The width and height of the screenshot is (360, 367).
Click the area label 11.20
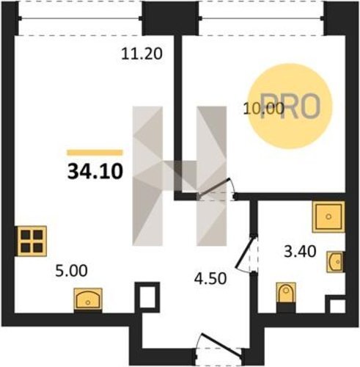[x=142, y=54]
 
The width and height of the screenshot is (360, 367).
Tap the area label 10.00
[x=264, y=109]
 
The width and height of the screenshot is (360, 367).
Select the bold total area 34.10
[x=95, y=171]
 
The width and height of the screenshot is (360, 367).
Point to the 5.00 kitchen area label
[x=71, y=271]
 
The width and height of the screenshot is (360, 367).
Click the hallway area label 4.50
[x=210, y=279]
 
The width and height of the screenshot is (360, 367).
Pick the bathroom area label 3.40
[x=300, y=251]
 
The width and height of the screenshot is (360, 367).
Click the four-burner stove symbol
[x=32, y=241]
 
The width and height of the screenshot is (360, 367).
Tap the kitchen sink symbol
[x=88, y=300]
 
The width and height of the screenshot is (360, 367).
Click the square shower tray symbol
[x=328, y=217]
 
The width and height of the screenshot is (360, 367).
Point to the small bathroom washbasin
[x=336, y=262]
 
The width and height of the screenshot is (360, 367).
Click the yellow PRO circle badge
[x=290, y=106]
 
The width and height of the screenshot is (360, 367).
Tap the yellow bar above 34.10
[x=95, y=153]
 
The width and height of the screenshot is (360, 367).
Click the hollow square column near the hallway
[x=147, y=297]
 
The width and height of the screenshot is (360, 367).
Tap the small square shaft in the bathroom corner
[x=335, y=304]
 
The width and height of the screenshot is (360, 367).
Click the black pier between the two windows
[x=170, y=18]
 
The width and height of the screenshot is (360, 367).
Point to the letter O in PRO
[x=310, y=106]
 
